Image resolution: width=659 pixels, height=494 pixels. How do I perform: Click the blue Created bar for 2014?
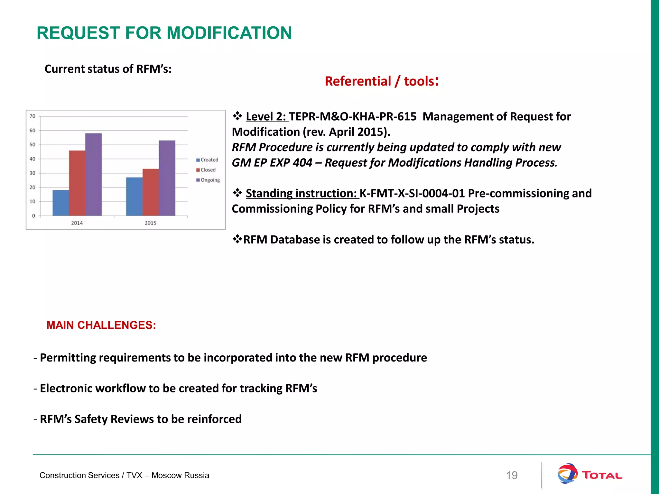click(61, 203)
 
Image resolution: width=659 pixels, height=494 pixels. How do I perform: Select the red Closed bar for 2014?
click(77, 183)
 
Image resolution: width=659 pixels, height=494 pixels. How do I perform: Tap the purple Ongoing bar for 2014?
click(94, 174)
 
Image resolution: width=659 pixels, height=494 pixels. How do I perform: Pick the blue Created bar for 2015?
click(134, 197)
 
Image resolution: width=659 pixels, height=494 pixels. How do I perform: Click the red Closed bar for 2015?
click(151, 192)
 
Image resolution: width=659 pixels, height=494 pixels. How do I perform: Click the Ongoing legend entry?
click(208, 180)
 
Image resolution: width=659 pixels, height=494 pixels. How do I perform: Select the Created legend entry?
click(208, 160)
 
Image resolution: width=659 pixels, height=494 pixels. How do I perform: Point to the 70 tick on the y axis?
click(32, 116)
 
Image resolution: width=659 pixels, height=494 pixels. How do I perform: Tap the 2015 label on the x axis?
click(150, 223)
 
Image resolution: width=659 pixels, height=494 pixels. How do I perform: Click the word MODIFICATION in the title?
click(229, 33)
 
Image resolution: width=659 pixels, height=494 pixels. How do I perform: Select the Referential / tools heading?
click(382, 81)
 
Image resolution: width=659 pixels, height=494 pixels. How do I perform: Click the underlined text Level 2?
click(266, 116)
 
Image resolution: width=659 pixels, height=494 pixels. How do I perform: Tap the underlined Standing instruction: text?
click(302, 193)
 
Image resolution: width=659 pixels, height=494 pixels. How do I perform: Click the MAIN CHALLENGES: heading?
click(101, 325)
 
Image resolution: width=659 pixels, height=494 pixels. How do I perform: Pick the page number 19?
click(512, 475)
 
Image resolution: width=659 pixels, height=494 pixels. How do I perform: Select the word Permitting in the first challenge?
click(68, 358)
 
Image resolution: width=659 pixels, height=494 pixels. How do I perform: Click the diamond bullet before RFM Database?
click(237, 239)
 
